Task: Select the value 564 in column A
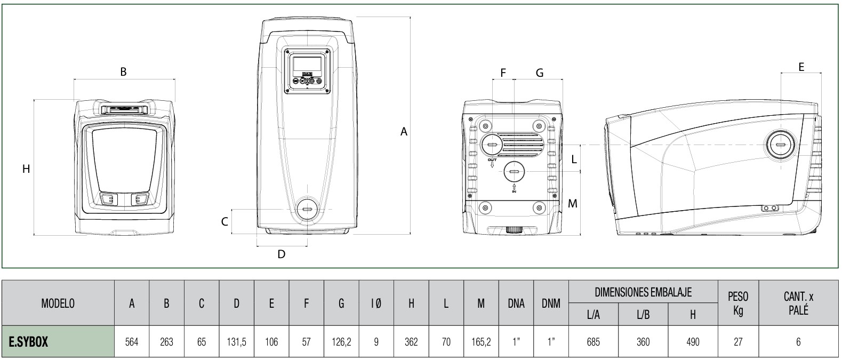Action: (132, 342)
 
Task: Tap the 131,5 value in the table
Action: (236, 342)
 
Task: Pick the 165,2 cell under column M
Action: (481, 342)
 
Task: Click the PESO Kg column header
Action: (738, 303)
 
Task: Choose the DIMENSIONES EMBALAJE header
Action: (643, 292)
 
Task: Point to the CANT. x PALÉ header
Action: (798, 303)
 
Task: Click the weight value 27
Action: (738, 342)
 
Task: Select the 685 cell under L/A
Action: (593, 342)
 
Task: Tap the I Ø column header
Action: (376, 303)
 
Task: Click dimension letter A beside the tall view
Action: (404, 131)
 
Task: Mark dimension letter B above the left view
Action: (123, 71)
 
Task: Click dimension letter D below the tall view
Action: (281, 254)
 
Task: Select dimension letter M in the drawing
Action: (572, 203)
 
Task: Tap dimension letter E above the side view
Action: (801, 67)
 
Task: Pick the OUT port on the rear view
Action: (492, 143)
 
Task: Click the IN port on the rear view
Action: (514, 172)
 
